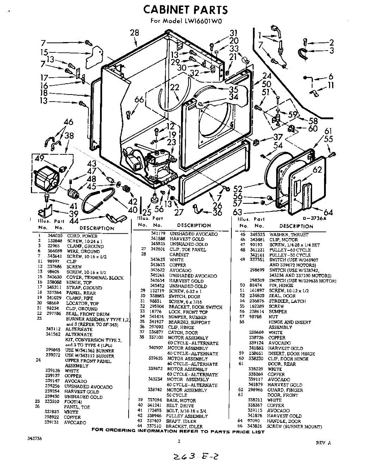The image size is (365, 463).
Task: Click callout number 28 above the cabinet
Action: pyautogui.click(x=134, y=33)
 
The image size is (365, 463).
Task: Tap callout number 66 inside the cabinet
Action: pyautogui.click(x=139, y=100)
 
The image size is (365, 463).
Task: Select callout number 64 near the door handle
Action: pyautogui.click(x=328, y=213)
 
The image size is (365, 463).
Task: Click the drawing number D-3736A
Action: pyautogui.click(x=314, y=218)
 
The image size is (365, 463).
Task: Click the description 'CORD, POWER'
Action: pyautogui.click(x=82, y=236)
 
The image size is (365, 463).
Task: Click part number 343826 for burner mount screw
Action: pyautogui.click(x=258, y=426)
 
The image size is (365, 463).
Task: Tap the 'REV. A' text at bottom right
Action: pyautogui.click(x=323, y=443)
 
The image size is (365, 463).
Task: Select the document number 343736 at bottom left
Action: pyautogui.click(x=35, y=439)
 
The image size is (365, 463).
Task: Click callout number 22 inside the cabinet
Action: pyautogui.click(x=175, y=88)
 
